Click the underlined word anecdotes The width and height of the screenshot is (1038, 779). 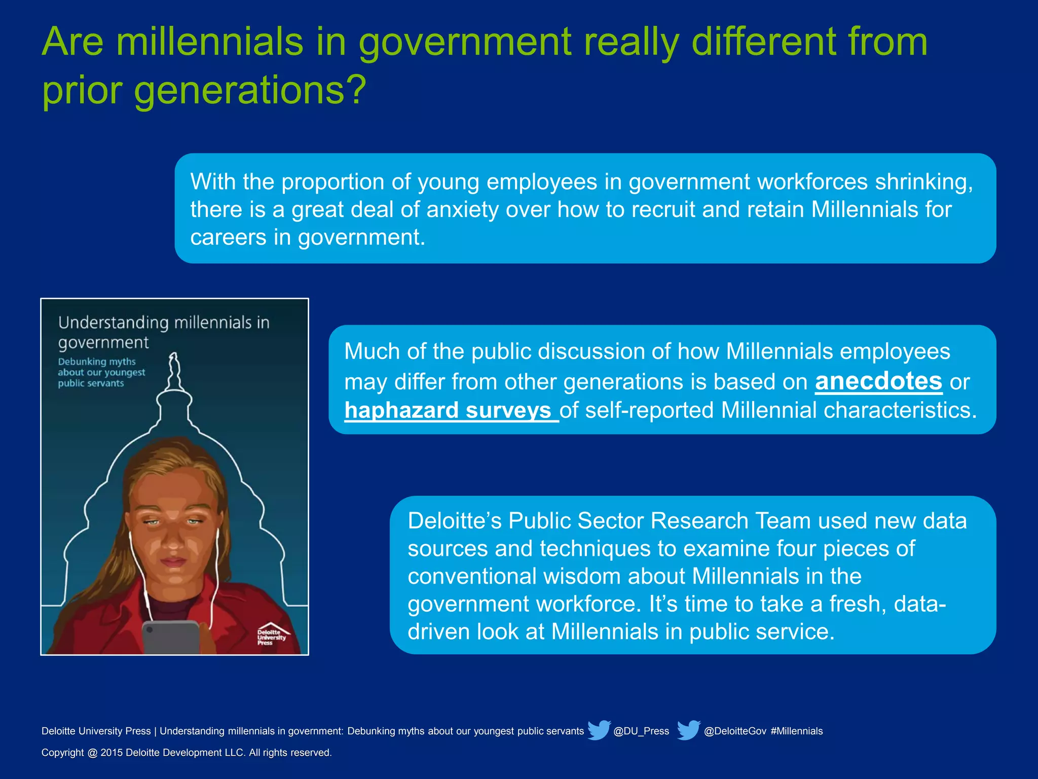[878, 381]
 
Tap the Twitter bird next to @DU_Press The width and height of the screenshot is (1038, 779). [599, 730]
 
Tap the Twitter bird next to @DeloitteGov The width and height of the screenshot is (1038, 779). [688, 730]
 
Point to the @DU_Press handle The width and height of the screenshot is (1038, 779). [641, 731]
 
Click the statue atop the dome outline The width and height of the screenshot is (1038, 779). [174, 370]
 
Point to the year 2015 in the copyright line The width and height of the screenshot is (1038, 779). [112, 753]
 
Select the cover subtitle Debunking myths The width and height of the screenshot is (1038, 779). [97, 362]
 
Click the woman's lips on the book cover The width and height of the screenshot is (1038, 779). [173, 561]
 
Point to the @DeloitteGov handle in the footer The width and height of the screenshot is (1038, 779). [735, 731]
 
